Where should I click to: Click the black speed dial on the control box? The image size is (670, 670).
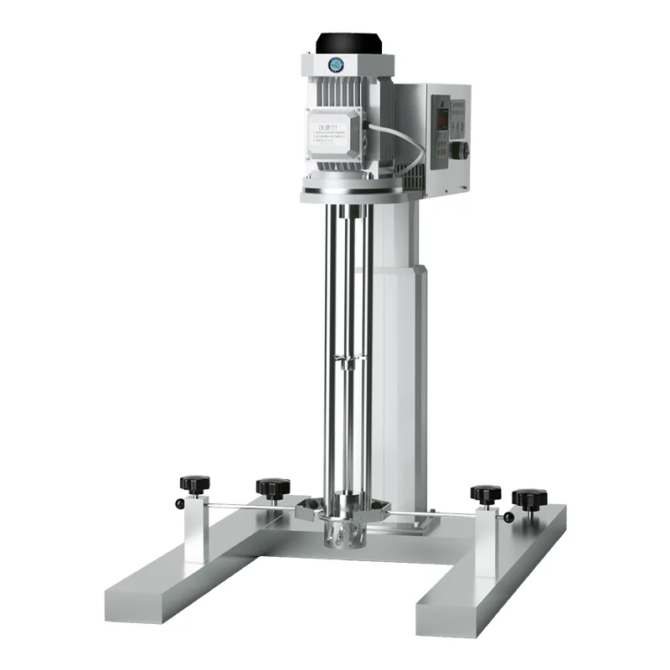[460, 151]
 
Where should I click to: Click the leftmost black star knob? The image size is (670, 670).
[194, 483]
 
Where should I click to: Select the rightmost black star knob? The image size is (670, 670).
[529, 499]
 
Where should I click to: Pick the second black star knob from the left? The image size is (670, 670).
[273, 487]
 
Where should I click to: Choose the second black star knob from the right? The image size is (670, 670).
[485, 493]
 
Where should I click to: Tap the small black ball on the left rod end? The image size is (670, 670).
[180, 502]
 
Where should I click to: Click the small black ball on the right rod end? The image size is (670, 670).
[509, 518]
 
